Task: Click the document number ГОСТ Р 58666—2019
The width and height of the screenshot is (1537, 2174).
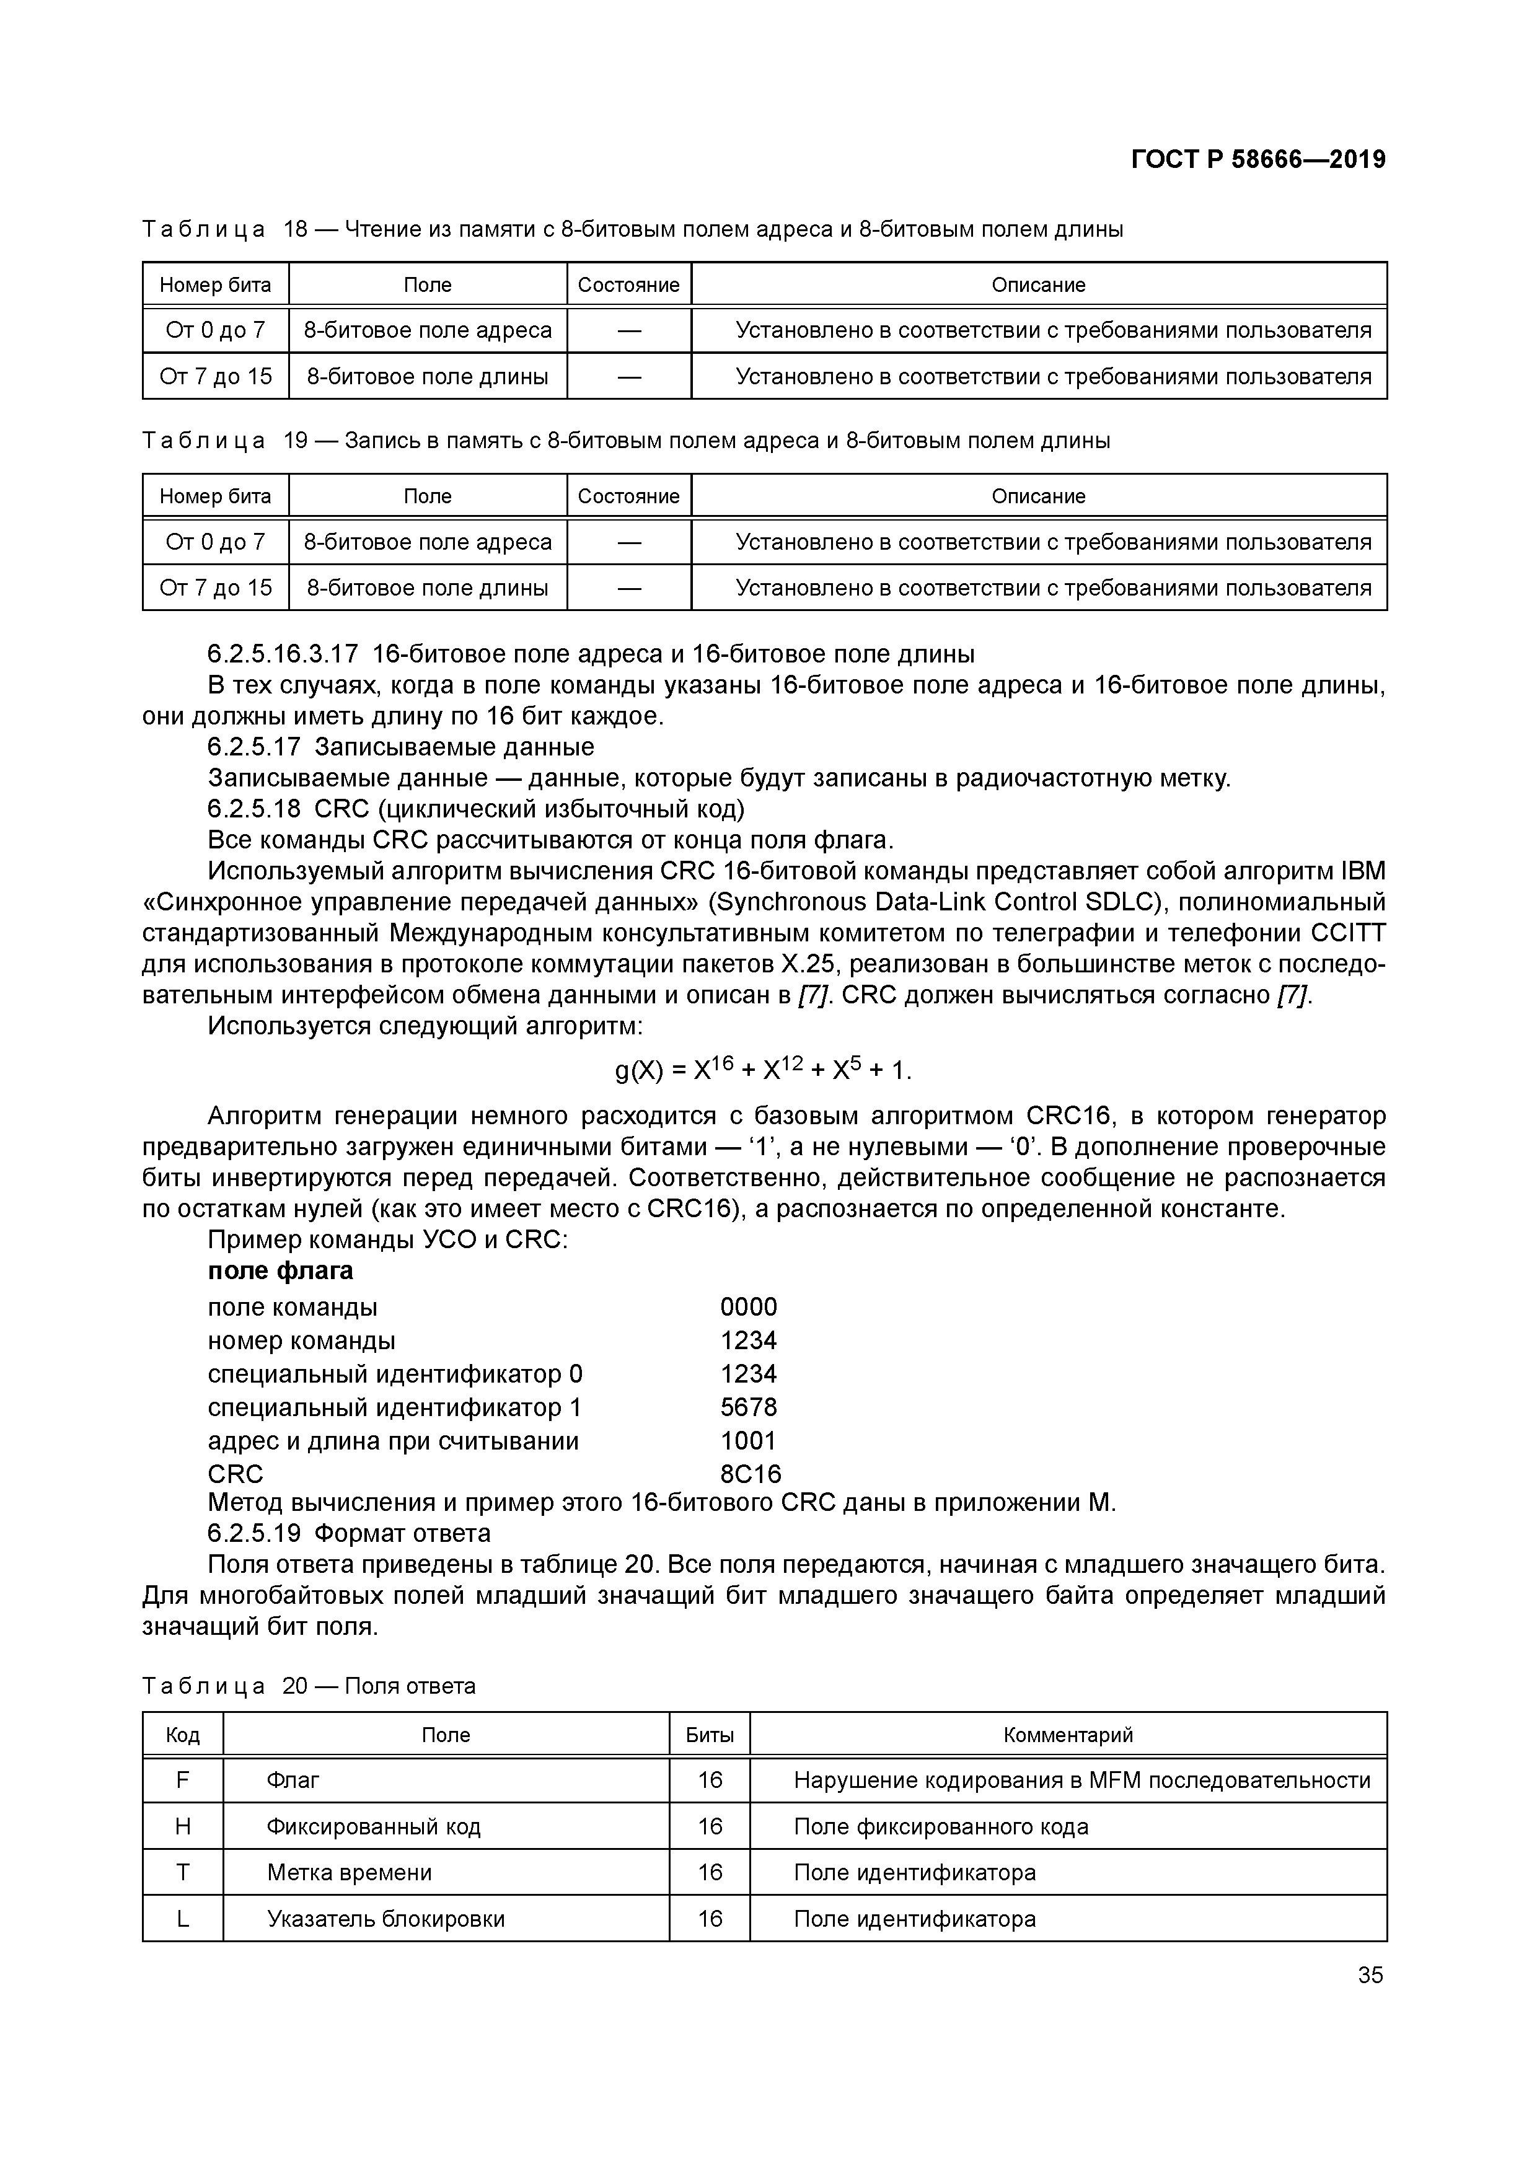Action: click(x=1257, y=159)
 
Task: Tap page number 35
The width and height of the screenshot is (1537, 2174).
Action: click(x=1370, y=1975)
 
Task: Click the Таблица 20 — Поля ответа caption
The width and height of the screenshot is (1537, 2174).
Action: click(x=309, y=1686)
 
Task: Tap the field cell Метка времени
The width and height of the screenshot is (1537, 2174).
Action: click(x=350, y=1872)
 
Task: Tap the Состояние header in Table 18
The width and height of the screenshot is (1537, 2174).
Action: click(x=629, y=285)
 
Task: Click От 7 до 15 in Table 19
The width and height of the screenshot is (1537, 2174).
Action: click(x=216, y=588)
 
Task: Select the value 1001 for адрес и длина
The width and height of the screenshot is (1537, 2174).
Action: click(x=748, y=1440)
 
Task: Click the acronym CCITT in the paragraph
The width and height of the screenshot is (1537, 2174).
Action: click(x=1347, y=933)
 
